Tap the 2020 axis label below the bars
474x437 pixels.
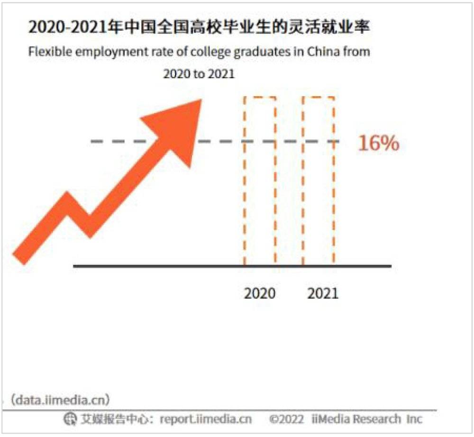point(259,293)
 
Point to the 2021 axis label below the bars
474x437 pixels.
point(323,293)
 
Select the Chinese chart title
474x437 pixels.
point(199,27)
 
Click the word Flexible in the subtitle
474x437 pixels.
point(46,52)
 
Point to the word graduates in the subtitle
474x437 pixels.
point(264,52)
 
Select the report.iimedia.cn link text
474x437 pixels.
point(206,419)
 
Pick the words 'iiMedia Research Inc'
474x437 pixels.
point(367,419)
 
